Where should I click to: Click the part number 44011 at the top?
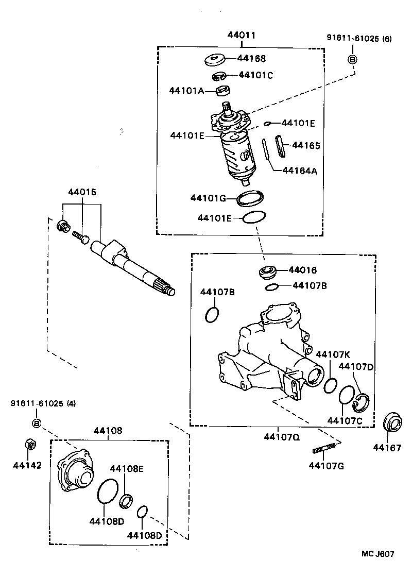tap(242, 35)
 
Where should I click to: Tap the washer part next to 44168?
tap(216, 60)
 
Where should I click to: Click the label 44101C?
tap(255, 75)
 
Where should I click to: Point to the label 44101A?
tap(186, 91)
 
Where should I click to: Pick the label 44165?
tap(306, 146)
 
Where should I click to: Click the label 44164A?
tap(299, 171)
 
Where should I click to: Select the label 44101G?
tap(208, 198)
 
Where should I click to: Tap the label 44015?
tap(82, 192)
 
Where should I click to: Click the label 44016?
tap(302, 270)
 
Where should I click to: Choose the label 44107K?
tap(333, 354)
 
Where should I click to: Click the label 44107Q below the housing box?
tap(282, 437)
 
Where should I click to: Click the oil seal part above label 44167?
tap(393, 423)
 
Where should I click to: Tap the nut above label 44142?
tap(30, 444)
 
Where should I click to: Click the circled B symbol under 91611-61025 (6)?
tap(353, 60)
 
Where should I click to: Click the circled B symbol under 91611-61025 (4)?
tap(37, 423)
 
